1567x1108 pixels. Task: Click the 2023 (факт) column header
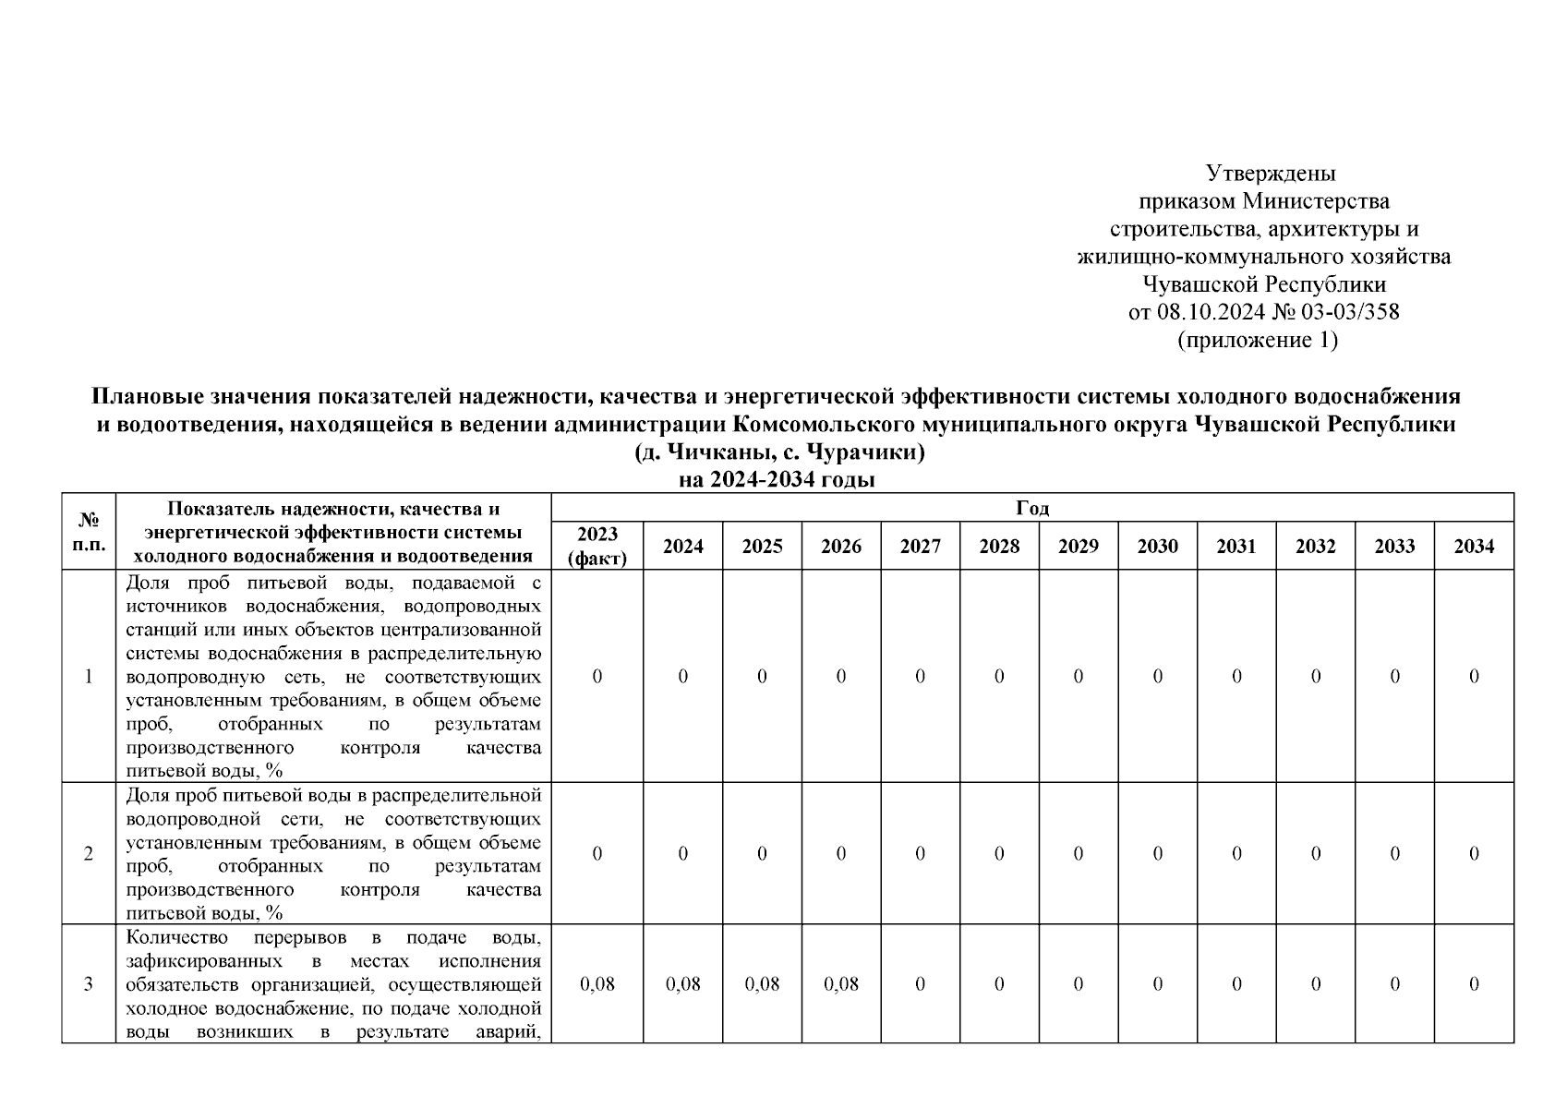click(597, 546)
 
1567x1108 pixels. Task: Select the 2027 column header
click(920, 547)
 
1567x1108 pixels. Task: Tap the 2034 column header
click(1474, 547)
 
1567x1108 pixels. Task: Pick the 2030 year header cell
click(1157, 547)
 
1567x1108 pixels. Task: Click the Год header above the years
click(1031, 508)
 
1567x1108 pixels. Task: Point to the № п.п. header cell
click(89, 532)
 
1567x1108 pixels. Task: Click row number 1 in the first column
click(89, 677)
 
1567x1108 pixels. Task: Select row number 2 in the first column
click(89, 854)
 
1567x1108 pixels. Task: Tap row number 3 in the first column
click(89, 984)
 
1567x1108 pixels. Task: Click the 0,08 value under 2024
click(682, 984)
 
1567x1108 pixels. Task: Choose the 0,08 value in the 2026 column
click(840, 984)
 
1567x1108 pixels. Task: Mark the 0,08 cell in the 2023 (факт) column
click(597, 984)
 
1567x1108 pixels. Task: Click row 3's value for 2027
click(920, 984)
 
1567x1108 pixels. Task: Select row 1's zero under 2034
click(1474, 677)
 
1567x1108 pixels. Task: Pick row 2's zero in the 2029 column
click(1078, 854)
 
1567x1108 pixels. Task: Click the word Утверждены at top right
click(1271, 174)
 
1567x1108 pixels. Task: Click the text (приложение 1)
click(1258, 341)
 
